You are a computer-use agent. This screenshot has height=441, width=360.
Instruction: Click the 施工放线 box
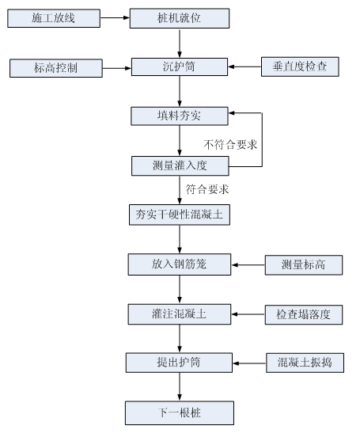54,18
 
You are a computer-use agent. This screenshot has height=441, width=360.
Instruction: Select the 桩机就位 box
180,18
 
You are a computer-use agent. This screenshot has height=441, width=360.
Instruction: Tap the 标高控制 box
56,68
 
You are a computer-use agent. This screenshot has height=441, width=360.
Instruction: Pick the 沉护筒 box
180,67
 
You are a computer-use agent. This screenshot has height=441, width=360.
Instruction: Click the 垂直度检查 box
300,67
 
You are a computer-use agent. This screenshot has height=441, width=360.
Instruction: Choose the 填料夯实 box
180,116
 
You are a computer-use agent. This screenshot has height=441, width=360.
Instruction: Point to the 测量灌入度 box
180,166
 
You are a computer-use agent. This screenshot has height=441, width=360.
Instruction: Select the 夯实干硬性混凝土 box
180,215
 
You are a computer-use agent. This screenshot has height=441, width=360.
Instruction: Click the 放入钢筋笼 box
180,264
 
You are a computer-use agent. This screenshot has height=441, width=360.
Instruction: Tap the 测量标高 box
304,265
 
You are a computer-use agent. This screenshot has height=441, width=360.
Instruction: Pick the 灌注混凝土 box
180,314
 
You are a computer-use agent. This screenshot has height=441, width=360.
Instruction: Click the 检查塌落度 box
304,315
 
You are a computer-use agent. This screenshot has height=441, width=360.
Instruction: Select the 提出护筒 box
179,363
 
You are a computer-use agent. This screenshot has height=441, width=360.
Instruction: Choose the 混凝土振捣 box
305,363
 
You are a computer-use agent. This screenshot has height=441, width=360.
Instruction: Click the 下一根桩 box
180,412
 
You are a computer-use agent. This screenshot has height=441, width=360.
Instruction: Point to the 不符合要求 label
230,145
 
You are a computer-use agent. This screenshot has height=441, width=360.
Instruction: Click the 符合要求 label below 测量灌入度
207,189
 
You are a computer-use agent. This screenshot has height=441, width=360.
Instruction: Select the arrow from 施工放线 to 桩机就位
115,18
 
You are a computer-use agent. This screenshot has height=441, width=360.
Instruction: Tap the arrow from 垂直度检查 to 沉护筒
244,67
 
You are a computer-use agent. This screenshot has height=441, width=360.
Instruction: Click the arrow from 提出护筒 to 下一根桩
180,387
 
